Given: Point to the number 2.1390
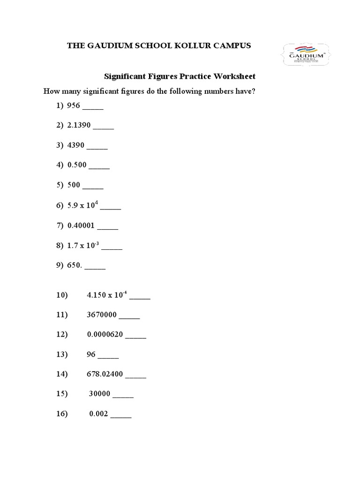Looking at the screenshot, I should coord(79,126).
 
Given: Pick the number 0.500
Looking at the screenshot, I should coord(77,165).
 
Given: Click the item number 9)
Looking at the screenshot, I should coord(60,265).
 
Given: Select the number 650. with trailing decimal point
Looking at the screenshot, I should coord(75,265).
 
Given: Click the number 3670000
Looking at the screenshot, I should coord(102,315).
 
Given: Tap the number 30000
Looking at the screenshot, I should coord(100,394).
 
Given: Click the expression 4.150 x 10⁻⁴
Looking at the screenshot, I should coord(107,295).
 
